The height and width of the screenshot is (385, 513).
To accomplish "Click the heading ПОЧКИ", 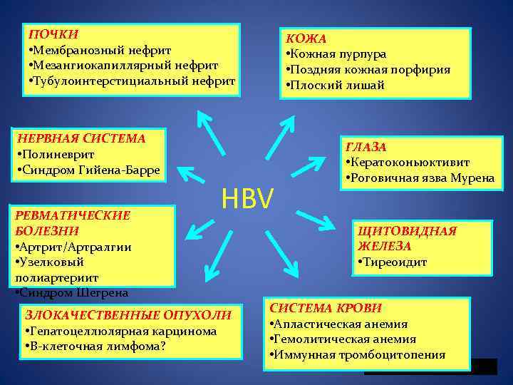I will tap(53, 34).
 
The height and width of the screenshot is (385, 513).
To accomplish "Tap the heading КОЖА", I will tap(306, 38).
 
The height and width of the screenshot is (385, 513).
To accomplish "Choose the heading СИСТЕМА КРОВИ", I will tap(325, 308).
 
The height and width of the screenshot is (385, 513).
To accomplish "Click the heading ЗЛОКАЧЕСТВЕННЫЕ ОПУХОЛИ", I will tap(128, 314).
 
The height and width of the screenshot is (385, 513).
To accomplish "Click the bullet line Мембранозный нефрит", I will tap(100, 50).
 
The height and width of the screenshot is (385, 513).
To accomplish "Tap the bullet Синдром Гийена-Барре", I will tap(88, 170).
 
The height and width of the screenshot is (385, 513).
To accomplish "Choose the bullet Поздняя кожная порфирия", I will tap(367, 70).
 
